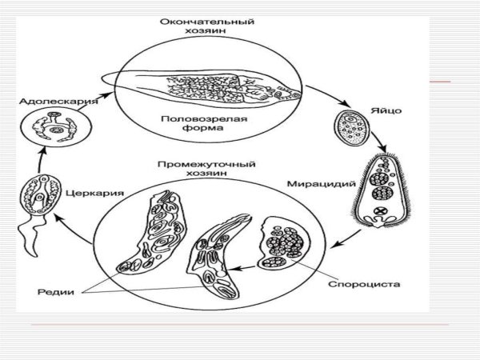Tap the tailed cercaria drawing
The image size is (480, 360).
(x=38, y=196)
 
